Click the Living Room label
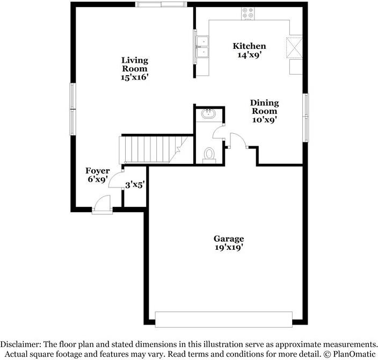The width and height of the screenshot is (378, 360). click(x=134, y=64)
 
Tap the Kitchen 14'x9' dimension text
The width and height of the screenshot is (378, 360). click(x=249, y=54)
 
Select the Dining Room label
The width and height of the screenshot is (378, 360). click(x=264, y=107)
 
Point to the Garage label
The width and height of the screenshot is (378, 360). click(x=229, y=239)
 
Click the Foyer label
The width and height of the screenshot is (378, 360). click(x=98, y=171)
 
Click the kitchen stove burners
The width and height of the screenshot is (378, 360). click(x=248, y=13)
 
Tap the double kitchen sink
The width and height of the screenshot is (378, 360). click(x=203, y=47)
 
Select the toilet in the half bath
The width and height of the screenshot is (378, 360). click(x=209, y=155)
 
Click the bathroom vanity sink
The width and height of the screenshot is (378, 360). click(x=208, y=114)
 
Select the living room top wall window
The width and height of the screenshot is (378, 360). click(x=162, y=5)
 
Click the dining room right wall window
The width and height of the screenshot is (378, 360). click(x=306, y=118)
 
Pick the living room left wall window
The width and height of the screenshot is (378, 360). click(x=72, y=109)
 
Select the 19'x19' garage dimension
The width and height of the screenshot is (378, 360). click(x=229, y=248)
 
